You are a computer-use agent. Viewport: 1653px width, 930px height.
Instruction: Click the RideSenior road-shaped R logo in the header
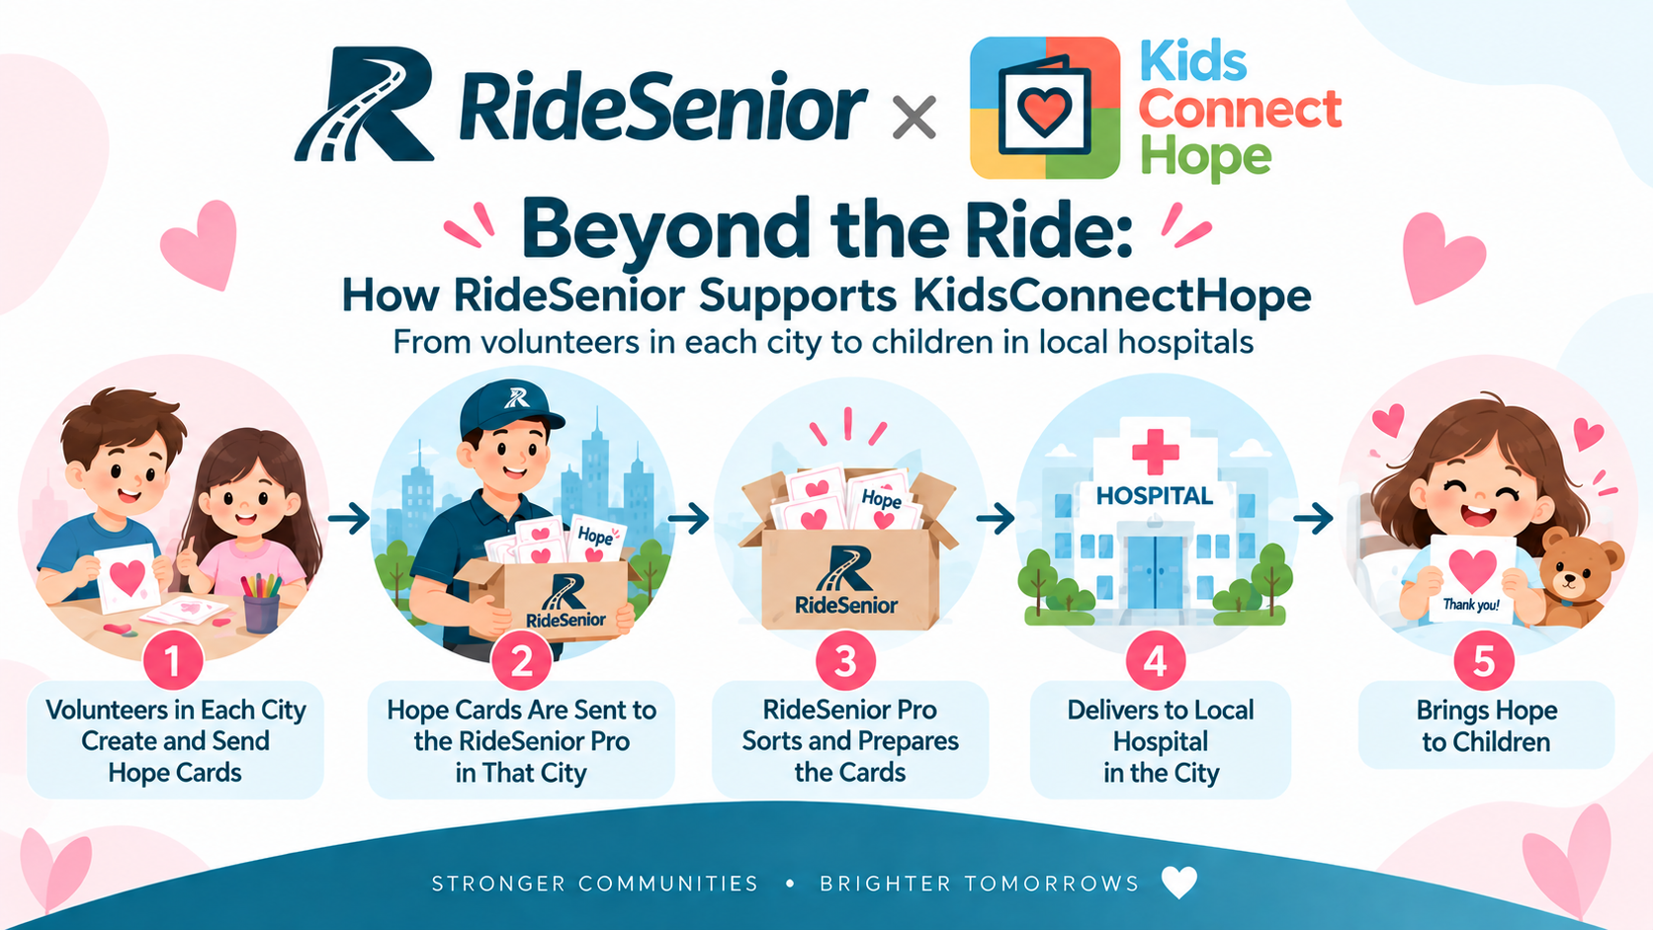[x=363, y=104]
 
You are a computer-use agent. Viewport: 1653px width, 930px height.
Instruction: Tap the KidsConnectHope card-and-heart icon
[x=1045, y=108]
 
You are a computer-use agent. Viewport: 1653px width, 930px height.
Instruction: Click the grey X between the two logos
[x=914, y=118]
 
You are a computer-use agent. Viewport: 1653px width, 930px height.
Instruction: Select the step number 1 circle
[x=173, y=661]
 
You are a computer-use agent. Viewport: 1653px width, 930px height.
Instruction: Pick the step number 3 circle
[x=845, y=661]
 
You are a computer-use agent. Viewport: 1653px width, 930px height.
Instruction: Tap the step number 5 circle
[x=1484, y=661]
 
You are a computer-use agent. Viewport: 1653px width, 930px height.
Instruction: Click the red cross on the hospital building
[x=1155, y=452]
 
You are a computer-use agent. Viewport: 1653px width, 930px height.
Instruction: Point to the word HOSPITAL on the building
[x=1154, y=495]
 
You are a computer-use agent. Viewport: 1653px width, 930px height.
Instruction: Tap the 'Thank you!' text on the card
[x=1471, y=605]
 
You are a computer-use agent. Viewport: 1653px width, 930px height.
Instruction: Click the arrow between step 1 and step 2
[x=348, y=518]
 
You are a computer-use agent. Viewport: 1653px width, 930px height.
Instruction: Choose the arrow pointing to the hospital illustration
[x=996, y=519]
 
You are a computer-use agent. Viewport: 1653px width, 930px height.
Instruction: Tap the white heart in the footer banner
[x=1178, y=882]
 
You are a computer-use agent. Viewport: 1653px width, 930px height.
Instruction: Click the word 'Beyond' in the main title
[x=661, y=231]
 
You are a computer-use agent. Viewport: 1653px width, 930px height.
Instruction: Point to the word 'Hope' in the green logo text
[x=1206, y=156]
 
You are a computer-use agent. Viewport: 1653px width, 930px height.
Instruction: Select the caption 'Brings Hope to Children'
[x=1486, y=725]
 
